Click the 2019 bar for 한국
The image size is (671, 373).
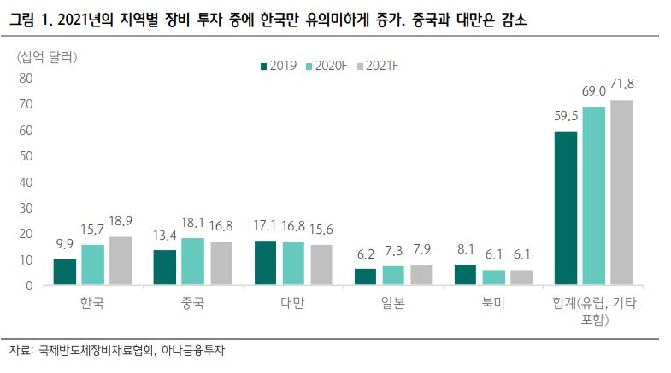coord(64,272)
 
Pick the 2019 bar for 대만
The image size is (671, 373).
coord(265,263)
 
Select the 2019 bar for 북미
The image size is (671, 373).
coord(465,275)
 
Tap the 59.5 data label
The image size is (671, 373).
coord(566,115)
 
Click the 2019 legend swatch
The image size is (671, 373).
coord(262,66)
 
